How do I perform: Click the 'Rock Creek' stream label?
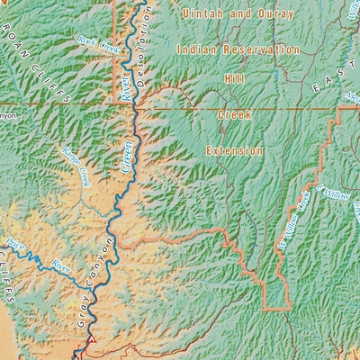click(98, 41)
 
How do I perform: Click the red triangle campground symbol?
click(90, 341)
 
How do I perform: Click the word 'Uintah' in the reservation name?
click(202, 14)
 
